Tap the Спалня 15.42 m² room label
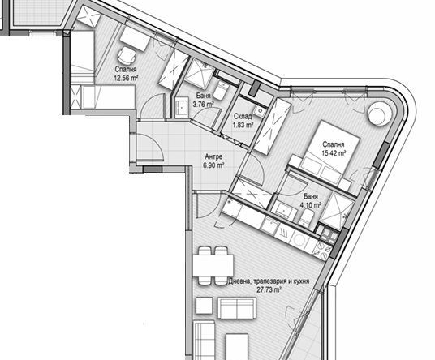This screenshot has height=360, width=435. (334, 148)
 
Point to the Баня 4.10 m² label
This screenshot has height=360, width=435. (311, 202)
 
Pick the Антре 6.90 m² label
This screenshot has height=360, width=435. (213, 161)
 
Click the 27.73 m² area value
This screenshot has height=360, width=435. (269, 288)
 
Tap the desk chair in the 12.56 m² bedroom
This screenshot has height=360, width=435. (125, 55)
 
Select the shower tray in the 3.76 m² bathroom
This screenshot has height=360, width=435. (198, 77)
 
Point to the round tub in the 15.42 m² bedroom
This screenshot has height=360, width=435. (379, 114)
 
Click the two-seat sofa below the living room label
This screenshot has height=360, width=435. (235, 310)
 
